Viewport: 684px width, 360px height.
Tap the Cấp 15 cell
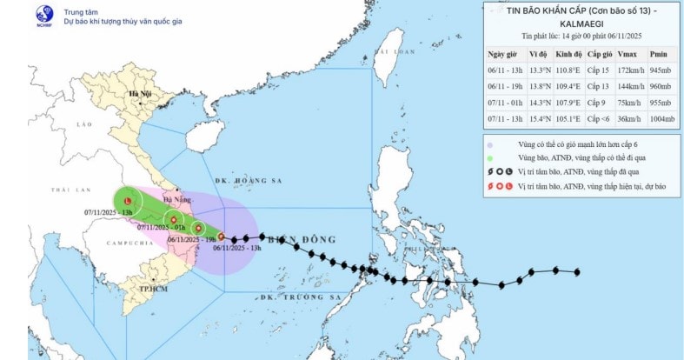click(x=597, y=67)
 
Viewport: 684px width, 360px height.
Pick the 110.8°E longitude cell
click(x=565, y=67)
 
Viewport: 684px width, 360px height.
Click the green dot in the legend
click(x=491, y=159)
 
